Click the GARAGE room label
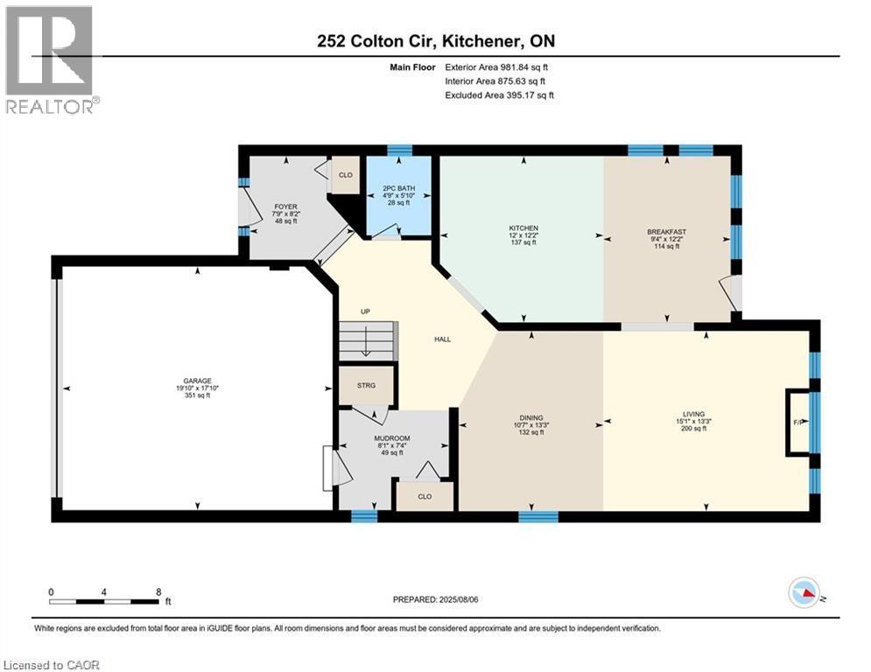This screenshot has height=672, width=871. pyautogui.click(x=197, y=381)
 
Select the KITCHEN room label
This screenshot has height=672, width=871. pyautogui.click(x=523, y=228)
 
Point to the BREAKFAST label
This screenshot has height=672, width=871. pyautogui.click(x=663, y=232)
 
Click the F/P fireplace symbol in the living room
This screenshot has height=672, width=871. pyautogui.click(x=797, y=422)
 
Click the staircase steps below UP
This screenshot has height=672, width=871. pyautogui.click(x=367, y=339)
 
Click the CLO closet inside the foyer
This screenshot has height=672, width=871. pyautogui.click(x=345, y=175)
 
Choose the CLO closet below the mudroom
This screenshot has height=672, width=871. pyautogui.click(x=425, y=496)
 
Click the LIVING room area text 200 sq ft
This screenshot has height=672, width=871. pyautogui.click(x=693, y=430)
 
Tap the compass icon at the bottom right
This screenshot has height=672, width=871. pyautogui.click(x=804, y=594)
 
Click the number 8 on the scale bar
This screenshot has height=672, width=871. pyautogui.click(x=157, y=592)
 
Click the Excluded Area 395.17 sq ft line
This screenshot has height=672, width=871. pyautogui.click(x=499, y=95)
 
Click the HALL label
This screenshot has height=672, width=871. pyautogui.click(x=443, y=339)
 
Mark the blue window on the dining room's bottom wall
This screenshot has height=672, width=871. pyautogui.click(x=537, y=516)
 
